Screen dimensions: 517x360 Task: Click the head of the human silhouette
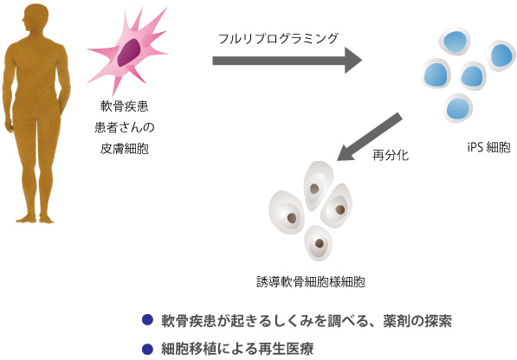[x=35, y=17]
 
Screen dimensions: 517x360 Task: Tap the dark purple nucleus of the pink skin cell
[x=129, y=52]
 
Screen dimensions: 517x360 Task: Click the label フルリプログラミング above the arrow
[x=278, y=39]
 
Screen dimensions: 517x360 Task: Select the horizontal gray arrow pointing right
[x=288, y=61]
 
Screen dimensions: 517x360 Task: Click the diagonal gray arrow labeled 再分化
[x=370, y=137]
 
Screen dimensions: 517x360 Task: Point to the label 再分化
[x=391, y=155]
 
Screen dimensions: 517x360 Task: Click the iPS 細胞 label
[x=488, y=147]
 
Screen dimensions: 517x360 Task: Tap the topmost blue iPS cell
[x=455, y=42]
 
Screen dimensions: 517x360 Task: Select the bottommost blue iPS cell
[x=458, y=107]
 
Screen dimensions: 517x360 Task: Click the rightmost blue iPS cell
[x=501, y=55]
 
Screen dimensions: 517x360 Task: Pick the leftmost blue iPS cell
[x=436, y=74]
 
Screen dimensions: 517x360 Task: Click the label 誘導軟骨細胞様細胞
[x=311, y=282]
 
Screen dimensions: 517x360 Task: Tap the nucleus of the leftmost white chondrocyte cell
[x=292, y=218]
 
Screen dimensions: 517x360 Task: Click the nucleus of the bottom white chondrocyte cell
[x=319, y=243]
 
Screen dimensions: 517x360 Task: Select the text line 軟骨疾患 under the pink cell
[x=125, y=106]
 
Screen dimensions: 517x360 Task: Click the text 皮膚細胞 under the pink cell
[x=125, y=149]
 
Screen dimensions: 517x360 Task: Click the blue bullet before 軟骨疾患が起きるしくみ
[x=147, y=320]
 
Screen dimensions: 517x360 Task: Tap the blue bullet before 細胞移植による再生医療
[x=147, y=349]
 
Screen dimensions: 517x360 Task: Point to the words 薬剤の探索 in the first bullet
[x=417, y=320]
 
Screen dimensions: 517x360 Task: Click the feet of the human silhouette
[x=35, y=219]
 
